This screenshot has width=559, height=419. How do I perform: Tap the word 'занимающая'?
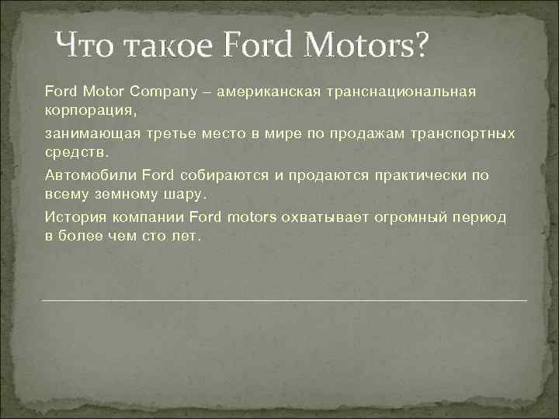[x=82, y=134]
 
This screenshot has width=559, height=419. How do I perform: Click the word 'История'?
[x=73, y=217]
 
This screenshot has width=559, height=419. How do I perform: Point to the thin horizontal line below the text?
[x=283, y=300]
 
